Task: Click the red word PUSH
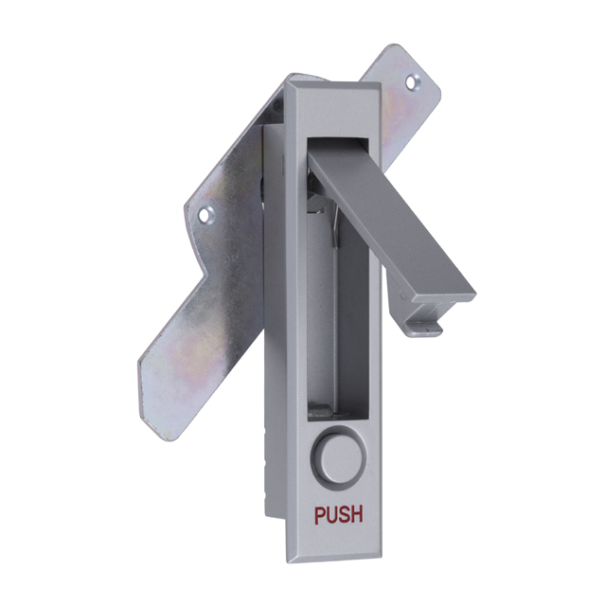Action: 339,515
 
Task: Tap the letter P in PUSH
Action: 320,515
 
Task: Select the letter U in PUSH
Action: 332,515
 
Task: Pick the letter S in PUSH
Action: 345,515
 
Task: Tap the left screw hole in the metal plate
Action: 205,215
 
